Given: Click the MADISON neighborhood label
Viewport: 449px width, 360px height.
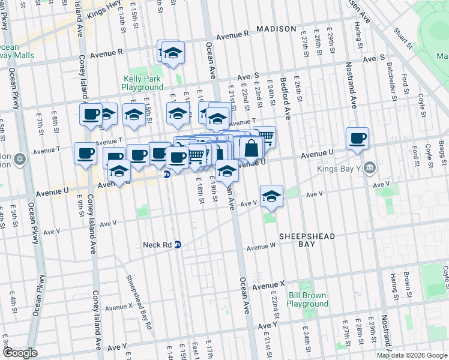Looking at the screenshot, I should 276,29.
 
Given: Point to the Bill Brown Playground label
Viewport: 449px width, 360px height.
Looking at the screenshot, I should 307,300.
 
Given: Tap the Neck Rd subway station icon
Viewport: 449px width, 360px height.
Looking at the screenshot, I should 178,245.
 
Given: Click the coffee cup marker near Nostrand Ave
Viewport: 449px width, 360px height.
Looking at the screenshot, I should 357,139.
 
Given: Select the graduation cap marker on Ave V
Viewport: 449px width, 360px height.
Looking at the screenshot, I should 271,196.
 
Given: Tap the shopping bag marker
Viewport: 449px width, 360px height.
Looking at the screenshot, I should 252,148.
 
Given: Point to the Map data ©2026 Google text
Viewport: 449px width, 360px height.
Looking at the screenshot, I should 412,355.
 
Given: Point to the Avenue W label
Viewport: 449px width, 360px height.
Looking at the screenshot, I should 261,247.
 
